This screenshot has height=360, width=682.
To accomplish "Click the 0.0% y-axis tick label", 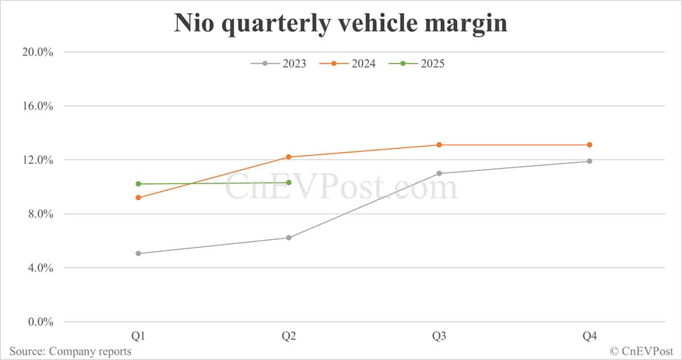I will [x=38, y=322].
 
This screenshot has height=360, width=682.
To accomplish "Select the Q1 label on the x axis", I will [x=139, y=337].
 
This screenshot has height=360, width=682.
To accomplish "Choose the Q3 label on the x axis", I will [x=439, y=337].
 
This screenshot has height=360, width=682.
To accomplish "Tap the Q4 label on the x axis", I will [x=589, y=337].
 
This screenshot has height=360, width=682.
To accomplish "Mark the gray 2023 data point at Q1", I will [x=139, y=253].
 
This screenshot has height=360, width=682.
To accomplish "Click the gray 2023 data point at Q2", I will [x=289, y=238].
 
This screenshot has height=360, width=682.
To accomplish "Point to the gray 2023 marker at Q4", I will [x=589, y=161].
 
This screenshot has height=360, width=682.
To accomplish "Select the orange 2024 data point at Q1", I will [x=139, y=197].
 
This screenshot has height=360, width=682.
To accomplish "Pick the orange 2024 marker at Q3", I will [x=439, y=145].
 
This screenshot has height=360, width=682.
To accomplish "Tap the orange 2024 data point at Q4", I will [x=589, y=145].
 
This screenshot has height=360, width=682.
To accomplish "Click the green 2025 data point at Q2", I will [x=289, y=183].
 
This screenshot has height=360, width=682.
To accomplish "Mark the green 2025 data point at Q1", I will [x=139, y=184].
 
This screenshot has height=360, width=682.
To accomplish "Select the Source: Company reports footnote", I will [x=70, y=351].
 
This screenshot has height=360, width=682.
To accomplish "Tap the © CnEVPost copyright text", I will [x=642, y=351].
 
